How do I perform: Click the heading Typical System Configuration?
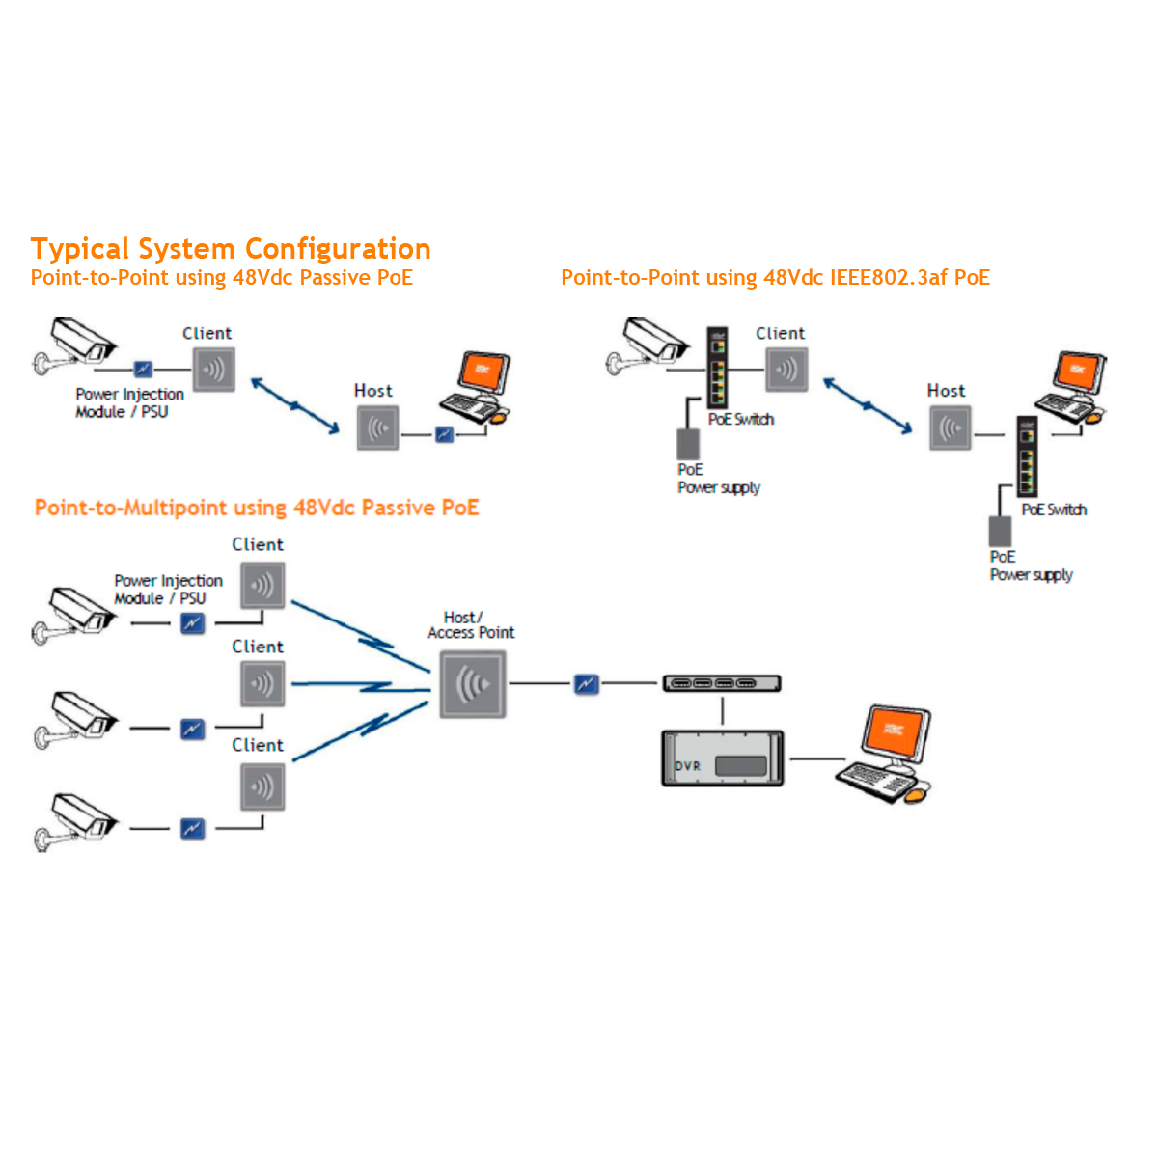(231, 249)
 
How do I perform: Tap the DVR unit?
(722, 758)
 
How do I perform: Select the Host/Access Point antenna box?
(473, 684)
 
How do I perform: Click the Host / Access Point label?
(470, 625)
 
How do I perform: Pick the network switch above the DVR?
(722, 684)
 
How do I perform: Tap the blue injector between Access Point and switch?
(586, 684)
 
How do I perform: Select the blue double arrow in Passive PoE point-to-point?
(294, 405)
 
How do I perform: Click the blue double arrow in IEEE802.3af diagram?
(867, 405)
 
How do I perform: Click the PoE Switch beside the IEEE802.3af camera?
(717, 367)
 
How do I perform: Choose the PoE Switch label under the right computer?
(1054, 510)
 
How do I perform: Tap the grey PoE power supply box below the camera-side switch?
(688, 444)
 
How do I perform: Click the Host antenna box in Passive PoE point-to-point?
(377, 427)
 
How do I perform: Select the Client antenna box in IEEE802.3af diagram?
(786, 369)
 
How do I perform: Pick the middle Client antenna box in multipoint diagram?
(262, 684)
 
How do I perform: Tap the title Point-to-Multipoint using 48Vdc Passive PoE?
(257, 508)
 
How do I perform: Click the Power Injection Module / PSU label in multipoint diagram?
(168, 590)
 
